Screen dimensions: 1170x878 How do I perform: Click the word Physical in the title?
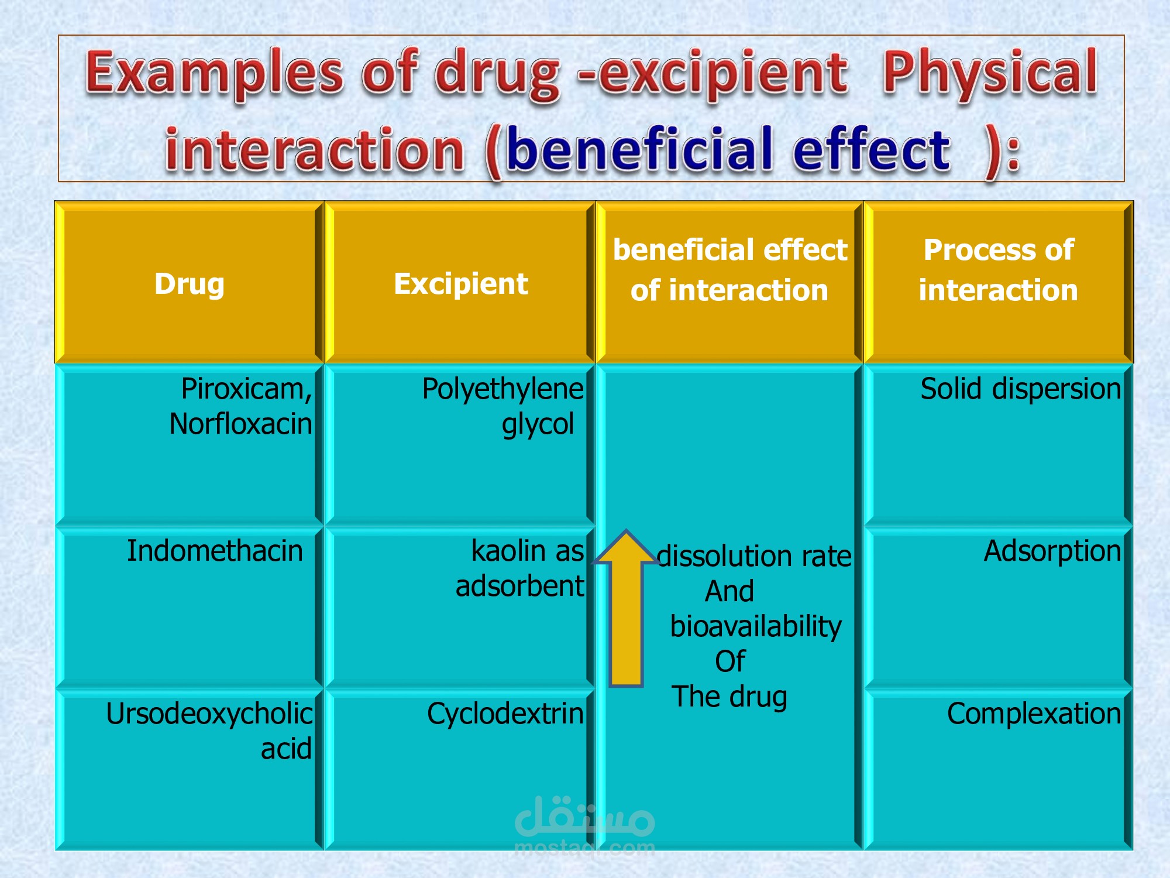(990, 74)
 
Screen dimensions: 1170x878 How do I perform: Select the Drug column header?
(190, 284)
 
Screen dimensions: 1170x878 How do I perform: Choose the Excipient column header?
(461, 284)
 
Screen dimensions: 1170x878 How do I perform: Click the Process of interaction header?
(999, 270)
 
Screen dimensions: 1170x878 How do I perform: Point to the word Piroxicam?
(246, 389)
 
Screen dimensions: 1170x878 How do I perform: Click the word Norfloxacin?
(240, 423)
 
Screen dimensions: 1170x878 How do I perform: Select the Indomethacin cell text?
(215, 551)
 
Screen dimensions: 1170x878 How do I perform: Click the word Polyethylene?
(503, 390)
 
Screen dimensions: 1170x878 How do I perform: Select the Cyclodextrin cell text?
(505, 714)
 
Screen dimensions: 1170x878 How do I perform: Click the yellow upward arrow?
(626, 608)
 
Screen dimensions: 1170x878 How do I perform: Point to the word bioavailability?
(756, 627)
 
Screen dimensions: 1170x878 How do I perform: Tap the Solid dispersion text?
(1021, 389)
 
